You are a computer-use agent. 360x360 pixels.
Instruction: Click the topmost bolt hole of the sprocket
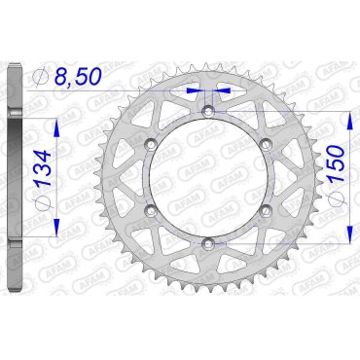pos(207,115)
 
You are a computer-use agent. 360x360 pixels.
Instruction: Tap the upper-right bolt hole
pos(264,147)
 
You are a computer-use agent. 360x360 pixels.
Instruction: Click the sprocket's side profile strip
pos(13,180)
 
